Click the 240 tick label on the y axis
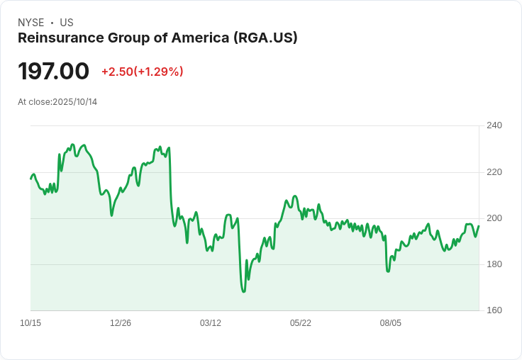click(x=494, y=125)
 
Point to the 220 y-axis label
click(x=494, y=171)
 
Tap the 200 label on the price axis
click(x=494, y=218)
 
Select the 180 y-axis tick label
click(x=494, y=264)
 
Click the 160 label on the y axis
click(x=494, y=310)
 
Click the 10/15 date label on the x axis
click(x=30, y=323)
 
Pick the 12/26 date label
click(x=121, y=323)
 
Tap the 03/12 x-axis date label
click(x=211, y=323)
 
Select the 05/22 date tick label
click(x=301, y=323)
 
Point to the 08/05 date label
click(x=391, y=323)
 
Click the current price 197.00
click(x=54, y=72)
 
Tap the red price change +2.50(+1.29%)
click(x=143, y=72)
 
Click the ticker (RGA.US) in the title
click(x=265, y=38)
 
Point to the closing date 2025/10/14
click(x=75, y=102)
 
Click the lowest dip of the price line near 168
click(x=243, y=291)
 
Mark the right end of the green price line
click(x=479, y=226)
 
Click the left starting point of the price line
click(x=30, y=178)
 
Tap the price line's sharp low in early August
click(x=388, y=271)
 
